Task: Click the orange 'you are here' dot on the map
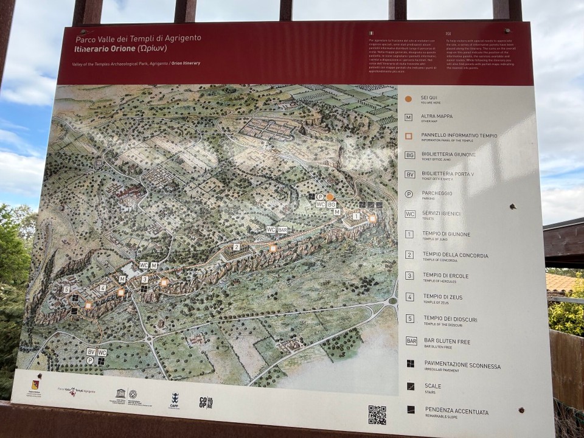pyautogui.click(x=330, y=197)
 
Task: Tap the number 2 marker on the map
pyautogui.click(x=236, y=247)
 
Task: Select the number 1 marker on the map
pyautogui.click(x=356, y=216)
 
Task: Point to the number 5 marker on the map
pyautogui.click(x=66, y=290)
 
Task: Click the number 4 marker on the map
pyautogui.click(x=103, y=288)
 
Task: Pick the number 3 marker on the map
pyautogui.click(x=144, y=279)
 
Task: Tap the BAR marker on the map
pyautogui.click(x=282, y=230)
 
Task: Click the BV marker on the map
pyautogui.click(x=91, y=352)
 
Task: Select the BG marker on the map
pyautogui.click(x=331, y=205)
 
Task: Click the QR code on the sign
pyautogui.click(x=377, y=415)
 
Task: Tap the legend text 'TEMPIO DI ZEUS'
pyautogui.click(x=442, y=296)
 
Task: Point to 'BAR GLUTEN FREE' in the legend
pyautogui.click(x=447, y=342)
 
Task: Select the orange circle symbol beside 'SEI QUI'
pyautogui.click(x=408, y=99)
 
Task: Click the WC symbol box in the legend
pyautogui.click(x=410, y=214)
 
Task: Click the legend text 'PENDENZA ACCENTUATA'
pyautogui.click(x=456, y=412)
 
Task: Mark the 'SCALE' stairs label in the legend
pyautogui.click(x=433, y=386)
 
